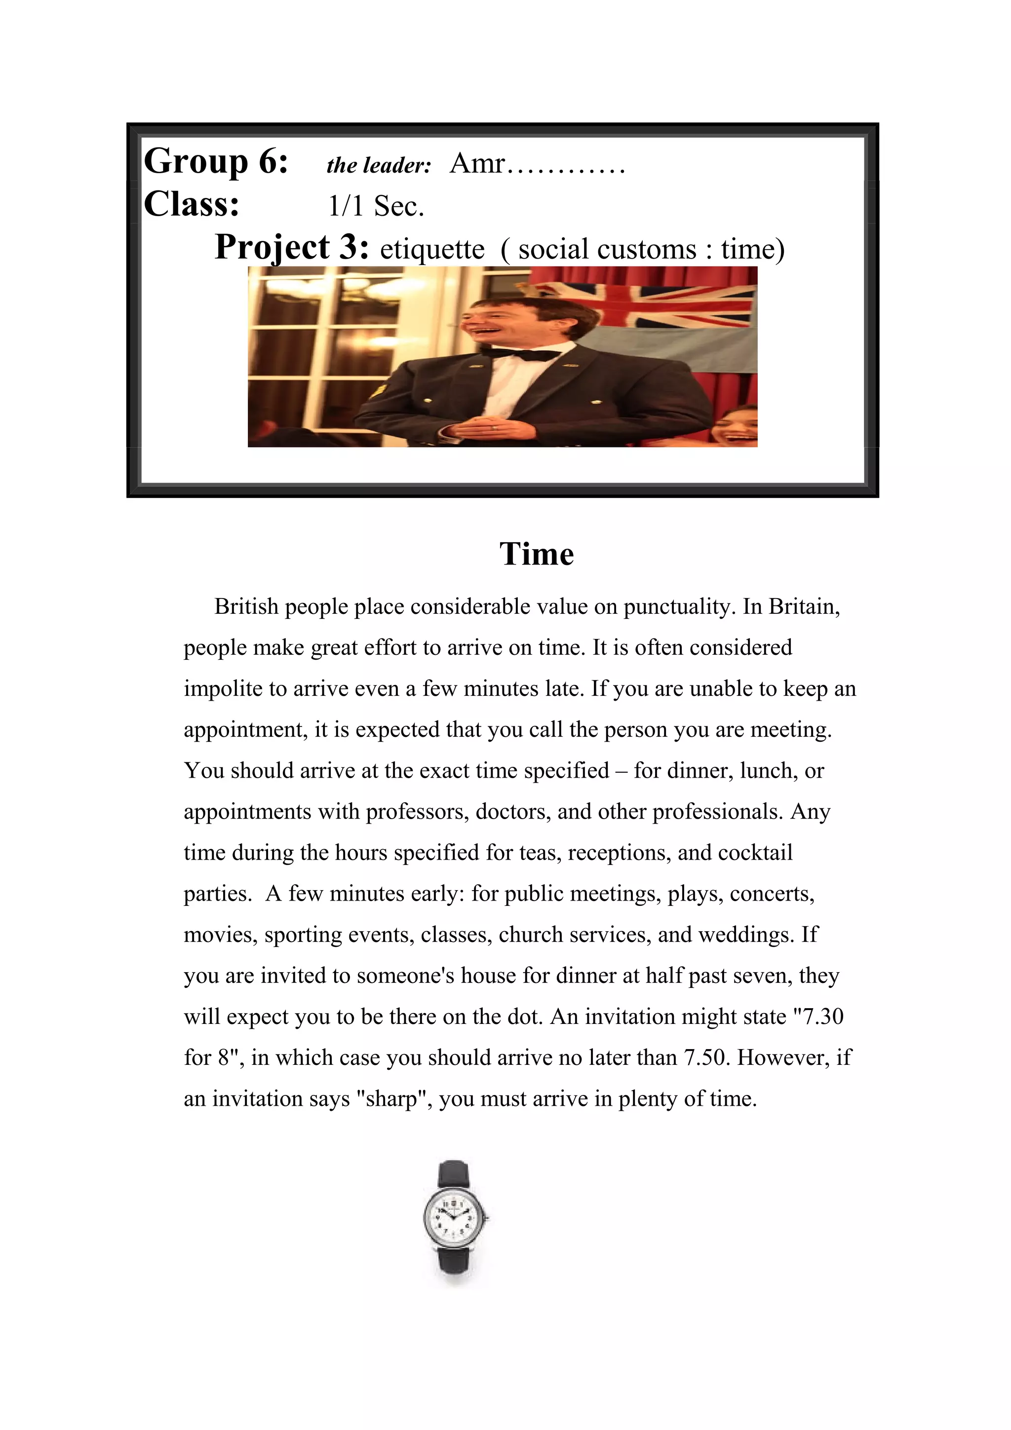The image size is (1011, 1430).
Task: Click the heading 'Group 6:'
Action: coord(216,161)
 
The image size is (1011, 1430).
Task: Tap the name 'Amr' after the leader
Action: coord(477,163)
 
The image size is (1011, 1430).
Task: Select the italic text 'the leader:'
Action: coord(379,166)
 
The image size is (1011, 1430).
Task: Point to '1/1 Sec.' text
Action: coord(376,206)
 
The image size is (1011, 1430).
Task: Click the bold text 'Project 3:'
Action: coord(292,247)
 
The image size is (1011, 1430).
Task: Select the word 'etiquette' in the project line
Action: coord(432,250)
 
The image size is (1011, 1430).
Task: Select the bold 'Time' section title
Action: coord(536,554)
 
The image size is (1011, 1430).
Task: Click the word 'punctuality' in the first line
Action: coord(676,606)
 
